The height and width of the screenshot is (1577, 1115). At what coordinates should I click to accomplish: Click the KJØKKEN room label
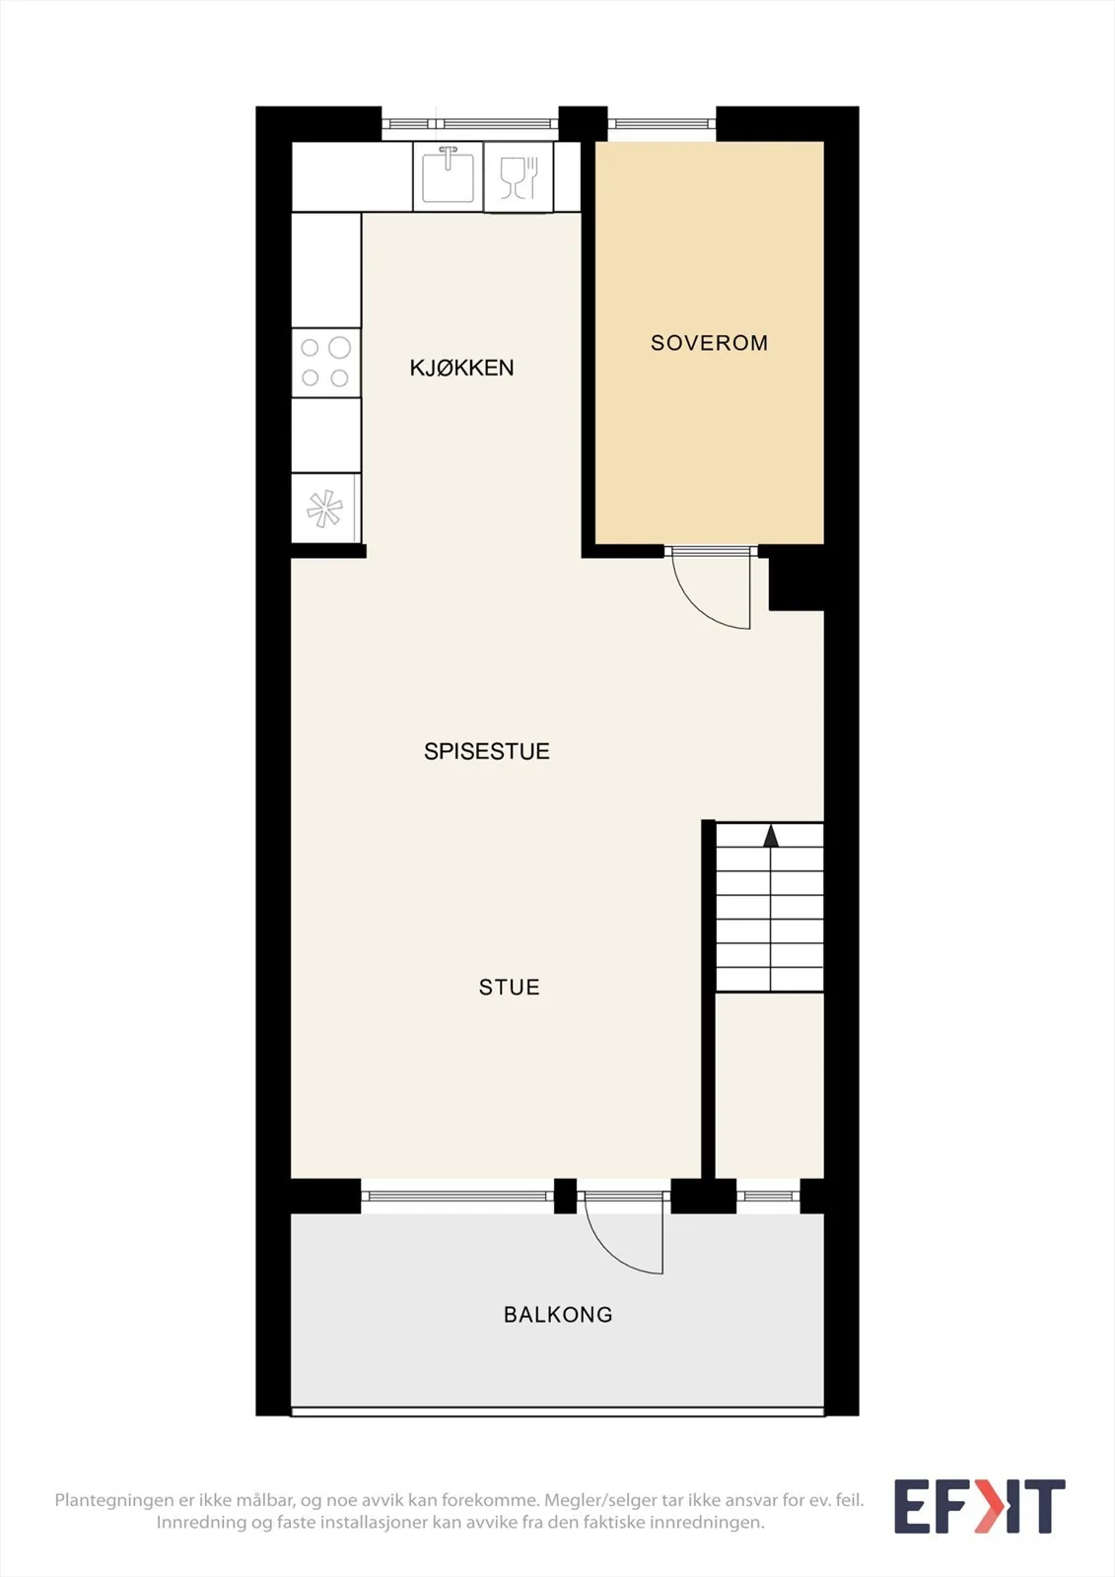coord(461,368)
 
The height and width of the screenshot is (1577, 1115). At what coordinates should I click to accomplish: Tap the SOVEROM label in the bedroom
coord(709,343)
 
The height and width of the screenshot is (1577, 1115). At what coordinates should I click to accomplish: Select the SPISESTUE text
coord(487,751)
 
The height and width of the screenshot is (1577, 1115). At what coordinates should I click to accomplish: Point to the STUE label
coord(510,987)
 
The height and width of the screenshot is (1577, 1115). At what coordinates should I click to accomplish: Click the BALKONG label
coord(558,1315)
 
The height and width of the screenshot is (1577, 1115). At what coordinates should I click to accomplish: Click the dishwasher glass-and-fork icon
coord(519,177)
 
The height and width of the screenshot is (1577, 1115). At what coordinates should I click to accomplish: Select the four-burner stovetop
coord(325,363)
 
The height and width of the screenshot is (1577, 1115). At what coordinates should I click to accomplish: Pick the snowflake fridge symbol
coord(324,509)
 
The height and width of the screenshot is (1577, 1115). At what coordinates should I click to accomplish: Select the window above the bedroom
coord(662,124)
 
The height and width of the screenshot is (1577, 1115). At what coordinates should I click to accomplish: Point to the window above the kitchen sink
coord(470,124)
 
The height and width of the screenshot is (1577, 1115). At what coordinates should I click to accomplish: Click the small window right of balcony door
coord(768,1197)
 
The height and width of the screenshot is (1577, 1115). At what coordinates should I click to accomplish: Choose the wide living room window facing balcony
coord(457,1196)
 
